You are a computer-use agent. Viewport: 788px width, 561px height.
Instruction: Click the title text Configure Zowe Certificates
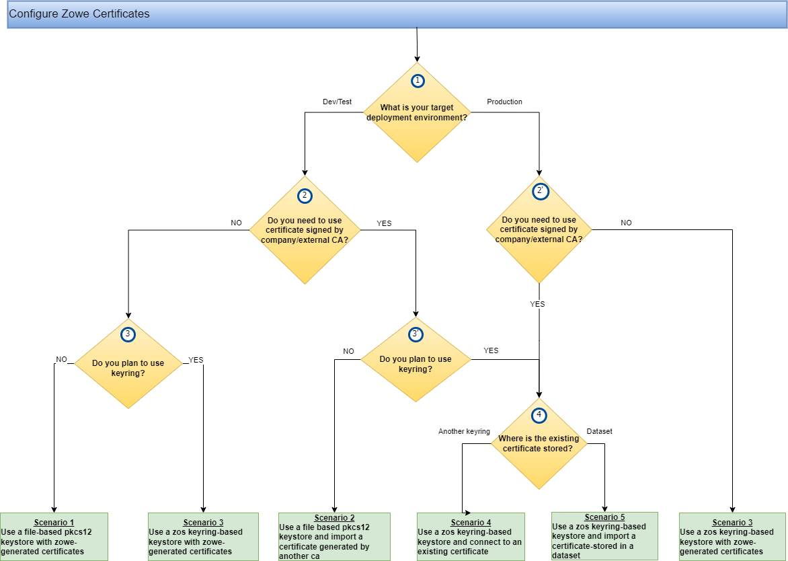[x=79, y=13]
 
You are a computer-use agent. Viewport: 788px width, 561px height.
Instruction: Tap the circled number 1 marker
[x=418, y=81]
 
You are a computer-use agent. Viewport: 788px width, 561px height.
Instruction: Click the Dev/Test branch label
[x=338, y=102]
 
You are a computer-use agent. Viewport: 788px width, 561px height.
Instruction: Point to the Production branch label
[x=504, y=102]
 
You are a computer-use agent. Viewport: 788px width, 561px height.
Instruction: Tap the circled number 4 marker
[x=539, y=415]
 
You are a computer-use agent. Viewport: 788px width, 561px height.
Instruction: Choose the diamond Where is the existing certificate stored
[x=538, y=443]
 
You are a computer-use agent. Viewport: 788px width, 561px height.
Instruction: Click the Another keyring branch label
[x=464, y=431]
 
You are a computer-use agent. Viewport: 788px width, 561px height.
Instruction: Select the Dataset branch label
[x=599, y=431]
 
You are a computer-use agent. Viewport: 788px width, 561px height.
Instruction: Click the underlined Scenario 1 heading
[x=54, y=523]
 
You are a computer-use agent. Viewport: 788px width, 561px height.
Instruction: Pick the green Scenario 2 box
[x=333, y=536]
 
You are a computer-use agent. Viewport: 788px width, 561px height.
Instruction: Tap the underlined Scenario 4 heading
[x=471, y=523]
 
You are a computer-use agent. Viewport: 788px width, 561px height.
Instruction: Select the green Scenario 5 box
[x=604, y=536]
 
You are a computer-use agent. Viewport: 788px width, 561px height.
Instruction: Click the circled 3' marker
[x=416, y=334]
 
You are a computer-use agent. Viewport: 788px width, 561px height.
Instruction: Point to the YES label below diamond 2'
[x=537, y=304]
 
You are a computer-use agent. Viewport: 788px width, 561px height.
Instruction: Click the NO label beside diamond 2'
[x=626, y=223]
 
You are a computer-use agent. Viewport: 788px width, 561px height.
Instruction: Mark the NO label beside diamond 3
[x=61, y=359]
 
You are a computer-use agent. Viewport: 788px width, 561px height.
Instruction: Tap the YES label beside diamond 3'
[x=491, y=350]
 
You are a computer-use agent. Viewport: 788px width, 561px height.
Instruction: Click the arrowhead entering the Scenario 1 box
[x=54, y=509]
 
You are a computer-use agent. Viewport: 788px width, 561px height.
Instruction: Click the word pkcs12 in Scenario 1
[x=78, y=531]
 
